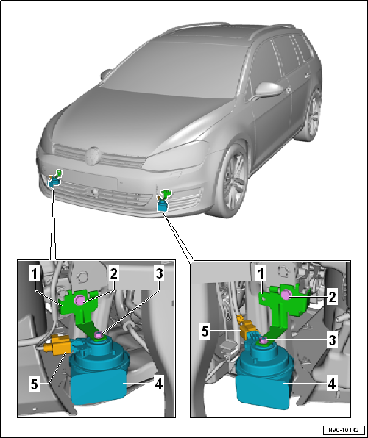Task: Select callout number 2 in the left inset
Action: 115,273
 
